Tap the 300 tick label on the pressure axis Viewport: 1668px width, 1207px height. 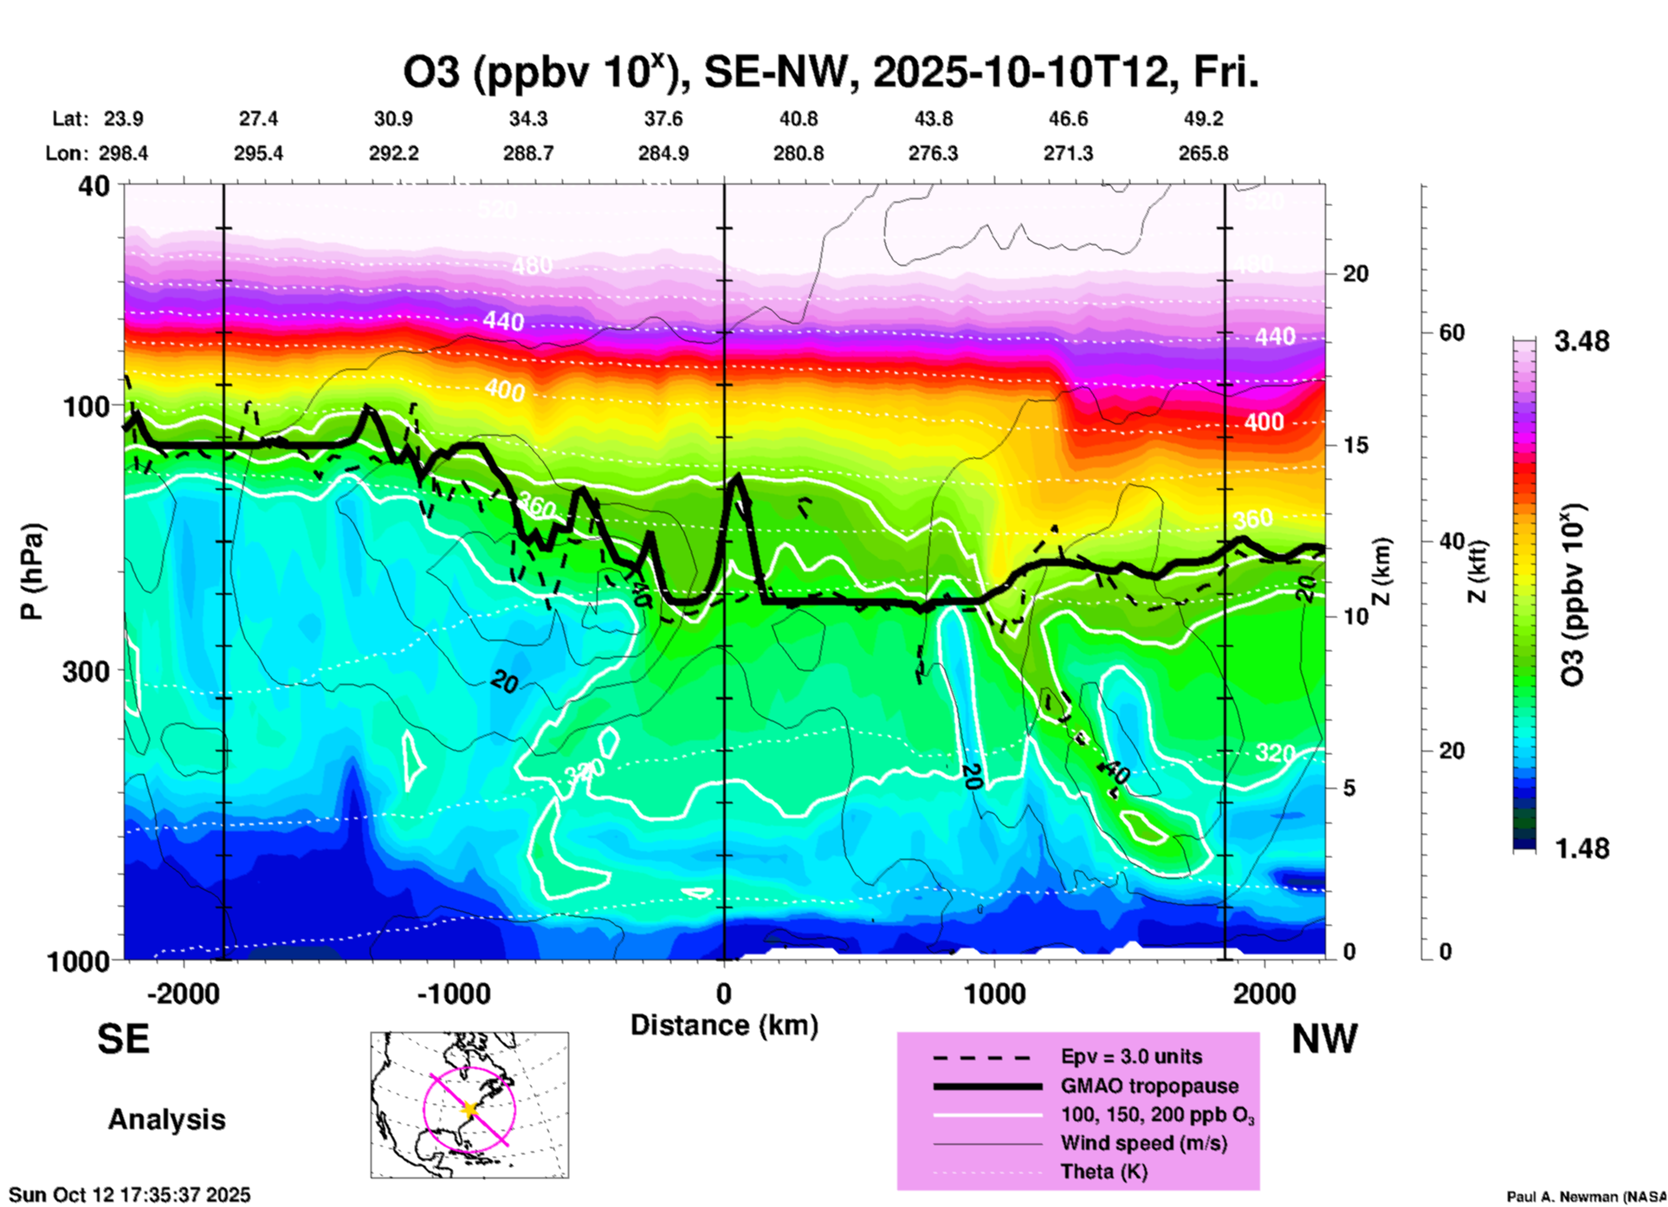[87, 671]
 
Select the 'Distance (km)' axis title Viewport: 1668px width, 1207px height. [724, 1025]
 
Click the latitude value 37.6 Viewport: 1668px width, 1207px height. [663, 119]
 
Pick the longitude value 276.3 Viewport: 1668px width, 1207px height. [933, 153]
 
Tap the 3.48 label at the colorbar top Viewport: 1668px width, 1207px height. [1581, 341]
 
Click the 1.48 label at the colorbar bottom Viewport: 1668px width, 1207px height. [1581, 849]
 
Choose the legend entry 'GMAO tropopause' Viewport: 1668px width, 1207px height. [1149, 1086]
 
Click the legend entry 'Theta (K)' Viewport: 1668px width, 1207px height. [1103, 1171]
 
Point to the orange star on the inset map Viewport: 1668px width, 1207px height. [469, 1108]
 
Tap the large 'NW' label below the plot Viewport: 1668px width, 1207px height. [1324, 1039]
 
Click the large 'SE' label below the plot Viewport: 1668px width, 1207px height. [123, 1039]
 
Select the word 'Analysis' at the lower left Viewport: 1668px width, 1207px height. [166, 1120]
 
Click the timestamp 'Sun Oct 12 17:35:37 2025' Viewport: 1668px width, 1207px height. [130, 1195]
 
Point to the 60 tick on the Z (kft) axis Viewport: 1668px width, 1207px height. [1452, 332]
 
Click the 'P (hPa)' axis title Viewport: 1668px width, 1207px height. [32, 571]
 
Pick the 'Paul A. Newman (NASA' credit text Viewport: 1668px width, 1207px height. [1585, 1197]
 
